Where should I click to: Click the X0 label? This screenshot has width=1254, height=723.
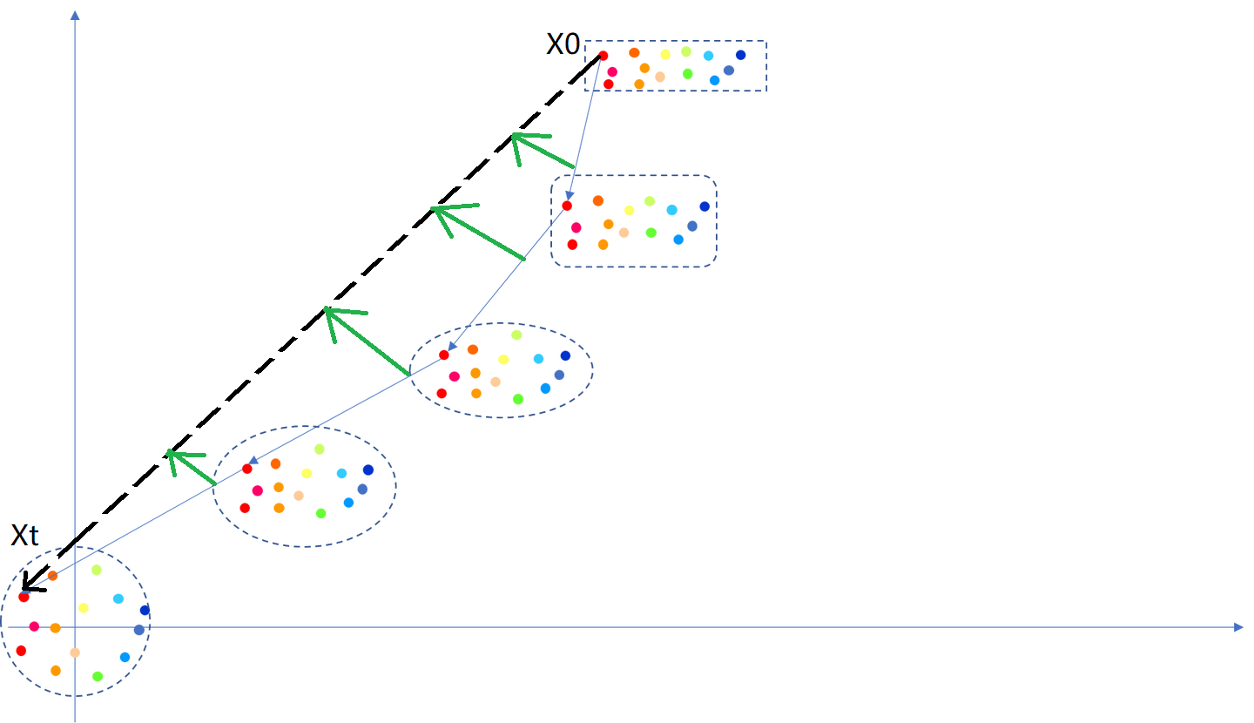point(563,45)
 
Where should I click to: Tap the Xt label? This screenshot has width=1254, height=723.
point(24,536)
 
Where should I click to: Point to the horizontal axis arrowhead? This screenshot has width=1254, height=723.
point(1237,626)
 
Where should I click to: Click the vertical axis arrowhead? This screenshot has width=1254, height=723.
point(76,16)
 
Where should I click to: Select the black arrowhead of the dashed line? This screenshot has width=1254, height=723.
point(28,584)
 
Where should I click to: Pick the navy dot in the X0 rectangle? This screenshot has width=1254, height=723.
point(740,55)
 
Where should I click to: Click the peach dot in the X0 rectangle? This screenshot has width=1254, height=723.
point(660,77)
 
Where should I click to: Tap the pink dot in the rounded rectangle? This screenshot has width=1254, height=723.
point(576,227)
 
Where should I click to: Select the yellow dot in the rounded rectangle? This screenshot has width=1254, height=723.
point(629,210)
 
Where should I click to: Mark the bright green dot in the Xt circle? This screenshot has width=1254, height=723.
point(98,676)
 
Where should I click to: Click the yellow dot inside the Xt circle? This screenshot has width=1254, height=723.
point(84,608)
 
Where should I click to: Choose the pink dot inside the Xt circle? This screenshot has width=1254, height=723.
point(34,626)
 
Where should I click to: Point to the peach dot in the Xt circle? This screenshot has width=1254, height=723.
point(75,652)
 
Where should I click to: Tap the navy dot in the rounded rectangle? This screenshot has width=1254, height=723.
point(705,206)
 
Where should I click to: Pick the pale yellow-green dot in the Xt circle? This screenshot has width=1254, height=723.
point(97,570)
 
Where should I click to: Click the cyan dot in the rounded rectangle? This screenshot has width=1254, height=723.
point(671,210)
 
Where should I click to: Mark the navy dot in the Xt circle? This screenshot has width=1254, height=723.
point(145,610)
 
